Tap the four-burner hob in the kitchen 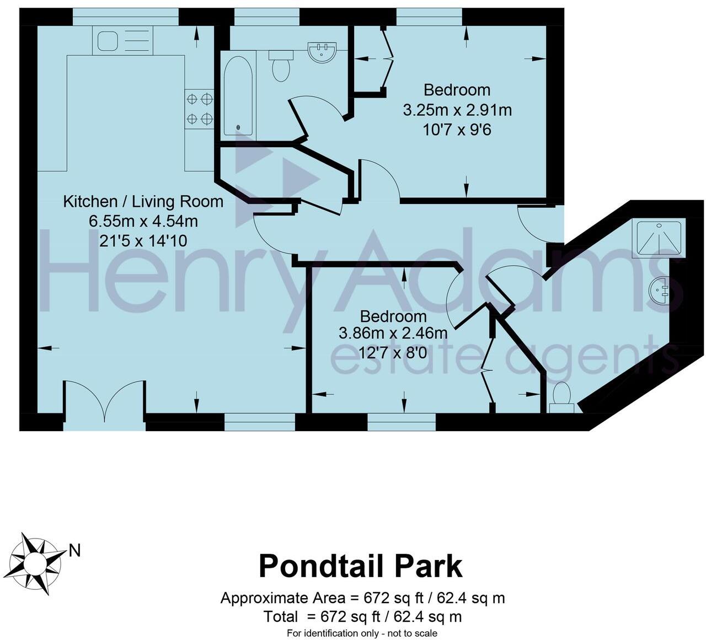pyautogui.click(x=200, y=109)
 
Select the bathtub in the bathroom pyautogui.click(x=238, y=97)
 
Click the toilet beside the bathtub pyautogui.click(x=281, y=66)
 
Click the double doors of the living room pyautogui.click(x=104, y=400)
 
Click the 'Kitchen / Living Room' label pyautogui.click(x=143, y=202)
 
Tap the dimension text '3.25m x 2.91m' pyautogui.click(x=457, y=110)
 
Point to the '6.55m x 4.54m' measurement pyautogui.click(x=143, y=222)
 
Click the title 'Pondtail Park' pyautogui.click(x=361, y=566)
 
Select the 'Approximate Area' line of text pyautogui.click(x=362, y=598)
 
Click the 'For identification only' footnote pyautogui.click(x=362, y=633)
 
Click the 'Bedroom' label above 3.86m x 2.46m pyautogui.click(x=393, y=316)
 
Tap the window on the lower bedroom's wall pyautogui.click(x=402, y=422)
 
